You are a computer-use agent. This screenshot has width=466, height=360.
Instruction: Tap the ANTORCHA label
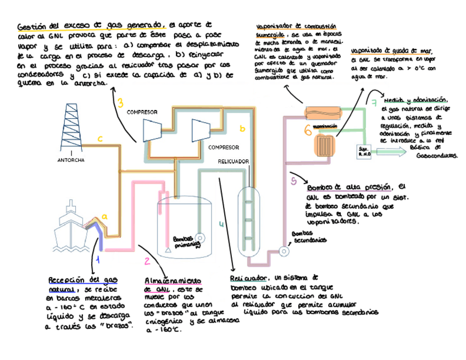pos(70,160)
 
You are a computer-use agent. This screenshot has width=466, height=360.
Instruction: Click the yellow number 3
pos(120,103)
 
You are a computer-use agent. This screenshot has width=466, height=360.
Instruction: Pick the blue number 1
pos(98,259)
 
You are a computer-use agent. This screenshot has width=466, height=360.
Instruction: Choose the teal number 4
pos(221,224)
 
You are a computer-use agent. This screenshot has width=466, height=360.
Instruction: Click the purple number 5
pos(294,181)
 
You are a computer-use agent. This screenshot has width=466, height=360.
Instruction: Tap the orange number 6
pos(308,131)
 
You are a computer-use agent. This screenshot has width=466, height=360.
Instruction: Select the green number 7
pos(374,103)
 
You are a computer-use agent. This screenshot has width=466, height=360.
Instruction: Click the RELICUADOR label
pos(234,161)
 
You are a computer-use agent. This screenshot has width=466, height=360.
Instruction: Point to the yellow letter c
pos(100,139)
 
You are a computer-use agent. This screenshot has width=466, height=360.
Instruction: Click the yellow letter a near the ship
pos(104,217)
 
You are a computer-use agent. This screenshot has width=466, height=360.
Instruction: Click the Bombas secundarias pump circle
pos(284,251)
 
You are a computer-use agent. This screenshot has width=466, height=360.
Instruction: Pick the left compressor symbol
pos(151,130)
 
